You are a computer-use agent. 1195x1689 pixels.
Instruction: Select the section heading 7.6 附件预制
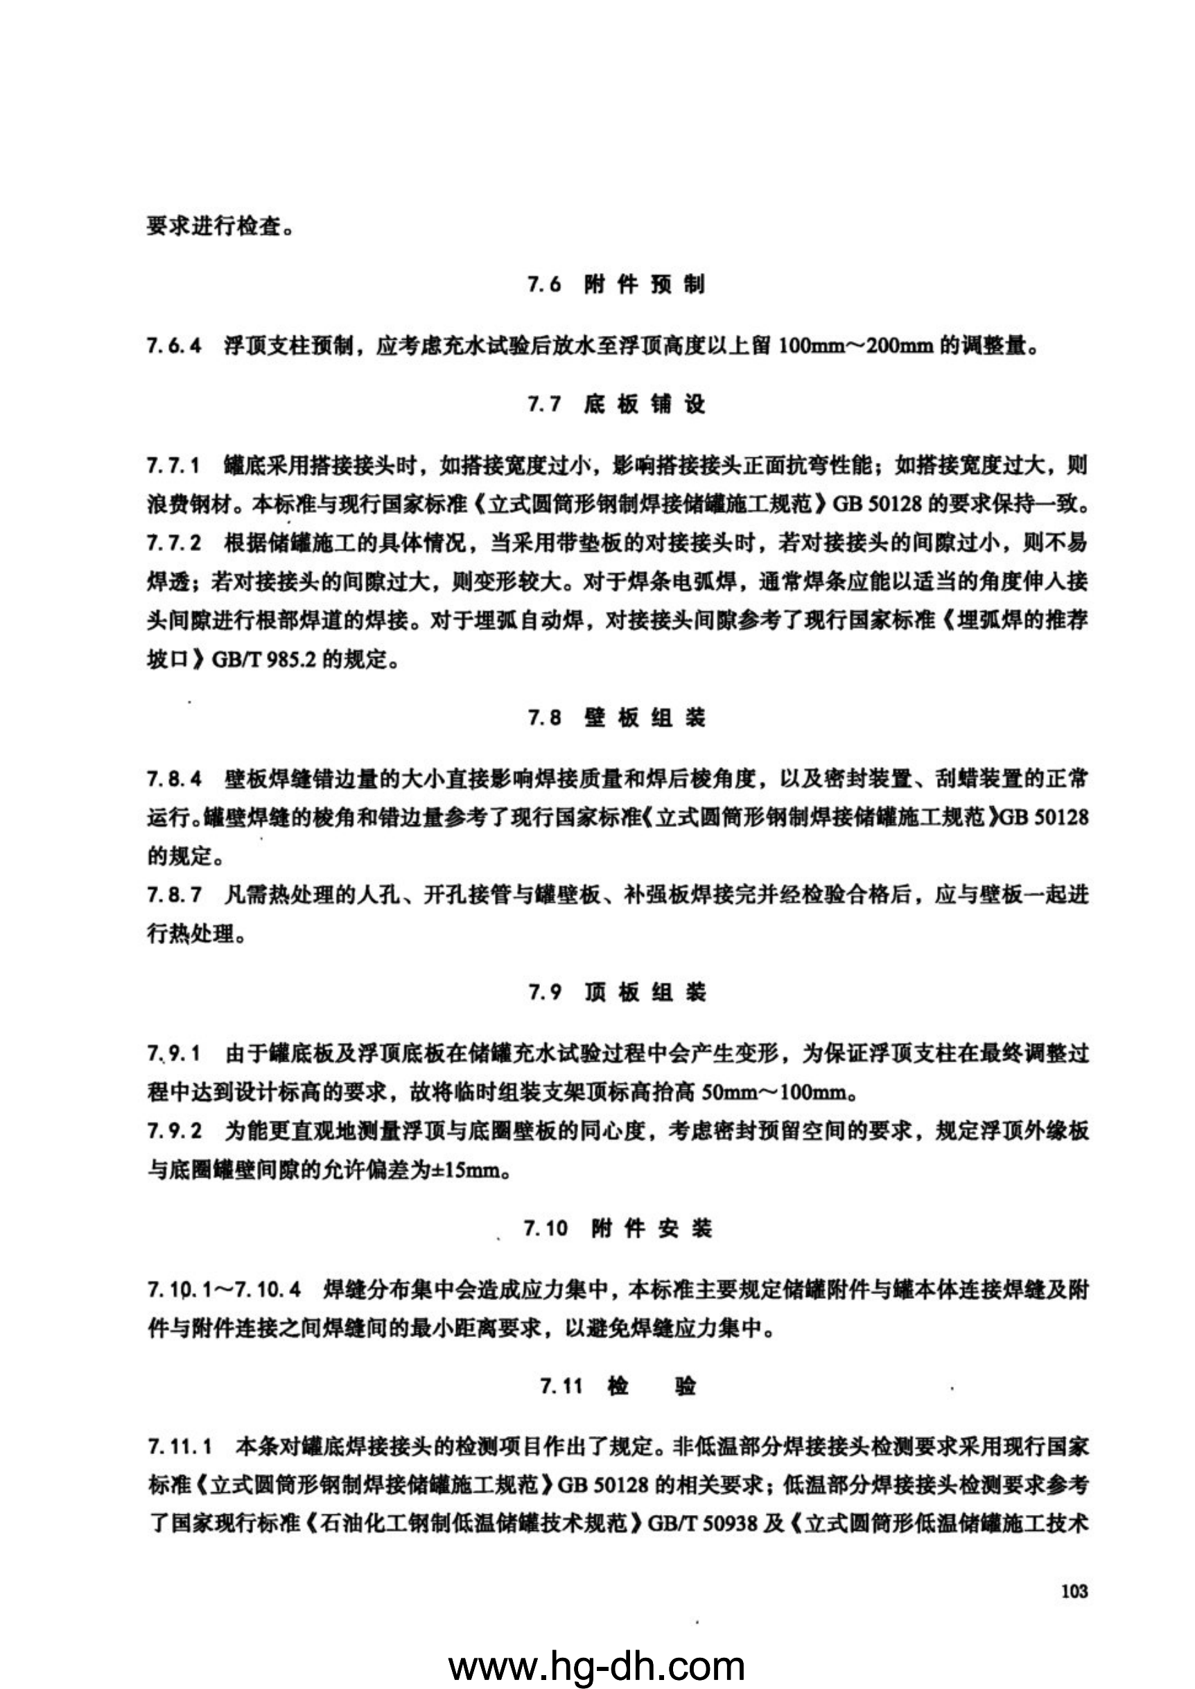(616, 285)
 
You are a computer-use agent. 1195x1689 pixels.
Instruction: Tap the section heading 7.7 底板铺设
(616, 405)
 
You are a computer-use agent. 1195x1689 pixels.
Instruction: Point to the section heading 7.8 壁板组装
(616, 718)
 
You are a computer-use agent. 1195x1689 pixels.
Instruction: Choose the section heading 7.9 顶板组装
(616, 993)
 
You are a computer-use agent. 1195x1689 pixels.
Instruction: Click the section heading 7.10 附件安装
(618, 1229)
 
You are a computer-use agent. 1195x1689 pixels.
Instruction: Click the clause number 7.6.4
(174, 345)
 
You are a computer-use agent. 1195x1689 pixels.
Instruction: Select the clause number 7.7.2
(174, 543)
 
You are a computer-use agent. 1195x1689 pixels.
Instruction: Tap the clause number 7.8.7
(174, 896)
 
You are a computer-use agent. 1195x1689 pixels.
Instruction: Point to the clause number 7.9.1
(174, 1054)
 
